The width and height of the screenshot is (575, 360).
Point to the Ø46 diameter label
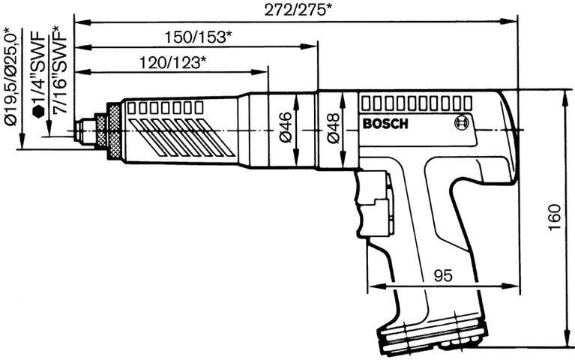[x=285, y=130]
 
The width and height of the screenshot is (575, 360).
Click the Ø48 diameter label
[x=335, y=128]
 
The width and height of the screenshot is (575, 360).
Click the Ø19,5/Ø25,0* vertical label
[x=10, y=75]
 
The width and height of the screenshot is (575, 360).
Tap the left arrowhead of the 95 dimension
[x=372, y=286]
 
